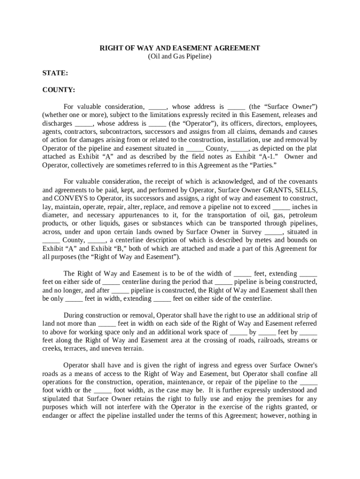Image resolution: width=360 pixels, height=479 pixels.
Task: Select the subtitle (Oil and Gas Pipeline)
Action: pos(180,57)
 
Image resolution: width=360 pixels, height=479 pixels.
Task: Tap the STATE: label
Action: pos(55,73)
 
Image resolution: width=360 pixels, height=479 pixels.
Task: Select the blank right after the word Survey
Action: pos(274,232)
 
